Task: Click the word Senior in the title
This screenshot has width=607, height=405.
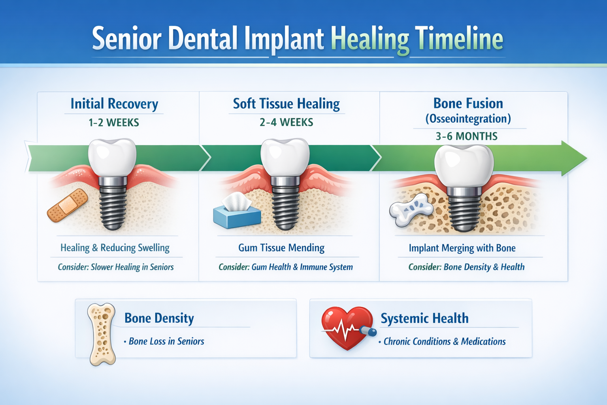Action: pyautogui.click(x=126, y=39)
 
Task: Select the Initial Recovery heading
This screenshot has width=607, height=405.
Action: pyautogui.click(x=114, y=104)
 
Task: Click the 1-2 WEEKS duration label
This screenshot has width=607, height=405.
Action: pyautogui.click(x=114, y=123)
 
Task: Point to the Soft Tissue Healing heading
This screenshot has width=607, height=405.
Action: pyautogui.click(x=286, y=104)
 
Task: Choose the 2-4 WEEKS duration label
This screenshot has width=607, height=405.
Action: pyautogui.click(x=286, y=122)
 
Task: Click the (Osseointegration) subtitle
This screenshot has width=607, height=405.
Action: pyautogui.click(x=468, y=119)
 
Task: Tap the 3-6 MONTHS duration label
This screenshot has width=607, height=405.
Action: pyautogui.click(x=466, y=136)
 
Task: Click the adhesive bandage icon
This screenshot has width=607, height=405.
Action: pyautogui.click(x=68, y=205)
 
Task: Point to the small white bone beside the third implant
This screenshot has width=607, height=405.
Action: pyautogui.click(x=411, y=209)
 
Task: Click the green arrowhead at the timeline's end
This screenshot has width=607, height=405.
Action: pyautogui.click(x=573, y=158)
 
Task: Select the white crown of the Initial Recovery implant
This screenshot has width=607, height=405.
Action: pyautogui.click(x=112, y=157)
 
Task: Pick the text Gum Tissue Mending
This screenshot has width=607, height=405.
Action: pyautogui.click(x=281, y=248)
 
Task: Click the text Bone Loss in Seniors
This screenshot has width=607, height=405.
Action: pyautogui.click(x=166, y=341)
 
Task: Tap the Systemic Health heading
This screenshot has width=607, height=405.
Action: pyautogui.click(x=424, y=318)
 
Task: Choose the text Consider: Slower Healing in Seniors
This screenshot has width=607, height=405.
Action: pyautogui.click(x=116, y=267)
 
